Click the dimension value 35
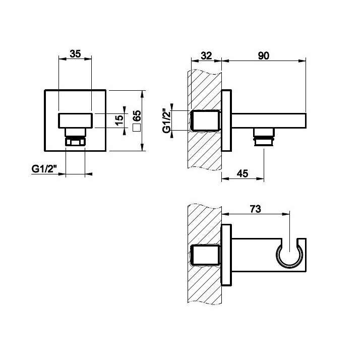(x=76, y=54)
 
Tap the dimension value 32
(x=206, y=56)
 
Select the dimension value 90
(x=264, y=56)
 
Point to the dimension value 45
(x=243, y=173)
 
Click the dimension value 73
(x=255, y=209)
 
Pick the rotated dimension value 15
(x=119, y=119)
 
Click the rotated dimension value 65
(x=137, y=115)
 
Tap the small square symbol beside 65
(x=137, y=128)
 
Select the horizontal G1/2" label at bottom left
(x=44, y=169)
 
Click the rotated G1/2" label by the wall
(x=167, y=120)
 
